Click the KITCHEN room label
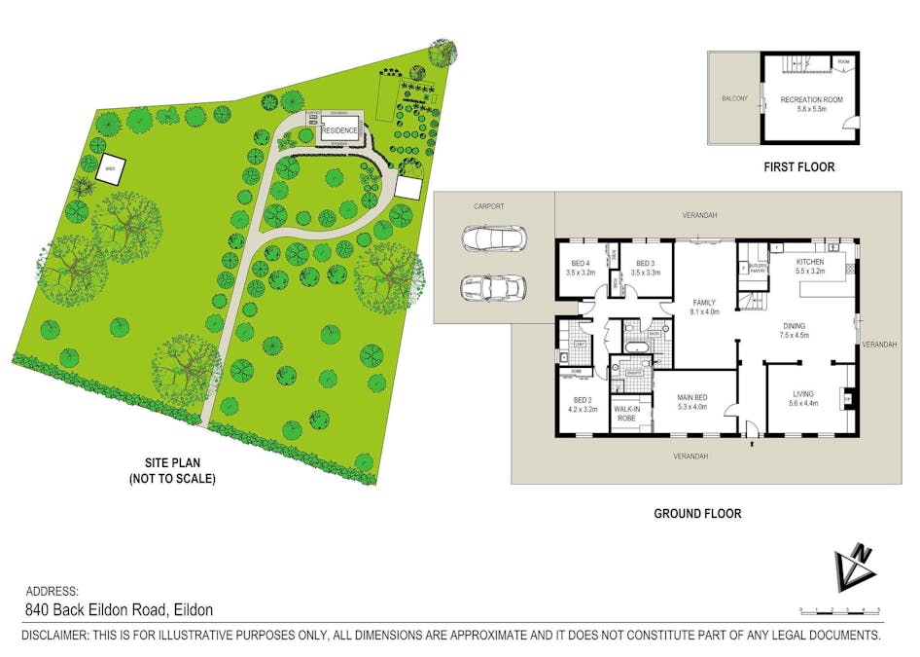click(x=809, y=262)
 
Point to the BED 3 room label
click(x=646, y=264)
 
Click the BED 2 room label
click(x=583, y=400)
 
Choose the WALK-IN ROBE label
click(x=626, y=414)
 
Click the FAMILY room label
click(x=704, y=303)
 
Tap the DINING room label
click(x=792, y=326)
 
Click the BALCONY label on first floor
click(x=734, y=98)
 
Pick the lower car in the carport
click(x=492, y=288)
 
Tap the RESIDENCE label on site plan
click(x=339, y=130)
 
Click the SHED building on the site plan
click(x=110, y=169)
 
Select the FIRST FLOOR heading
click(x=798, y=166)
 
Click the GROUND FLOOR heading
click(x=696, y=513)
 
